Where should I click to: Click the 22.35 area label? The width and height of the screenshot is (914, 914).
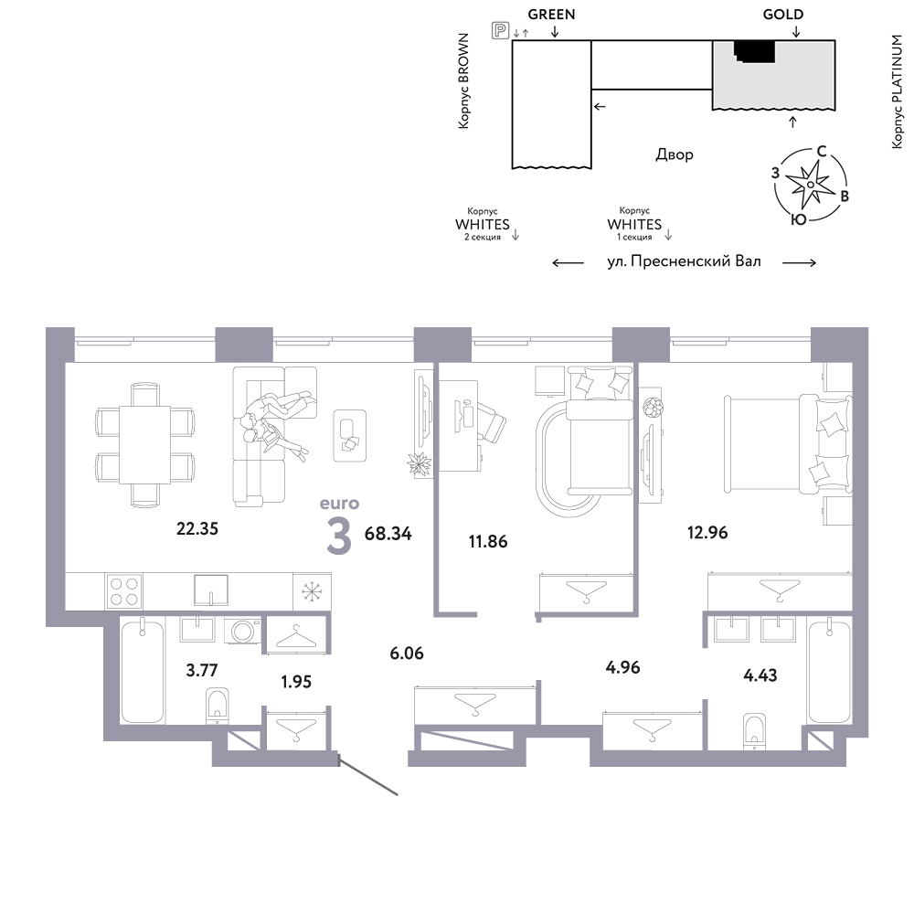point(197,528)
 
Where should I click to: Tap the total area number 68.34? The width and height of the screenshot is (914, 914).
point(388,534)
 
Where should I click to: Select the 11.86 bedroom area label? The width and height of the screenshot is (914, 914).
point(488,541)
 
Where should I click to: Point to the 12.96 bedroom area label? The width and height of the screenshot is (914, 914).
point(707,532)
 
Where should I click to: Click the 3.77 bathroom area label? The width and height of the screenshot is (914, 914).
point(202,670)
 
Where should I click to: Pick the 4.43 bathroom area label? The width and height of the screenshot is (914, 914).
point(760,675)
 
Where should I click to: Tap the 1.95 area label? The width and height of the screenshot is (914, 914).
point(296,682)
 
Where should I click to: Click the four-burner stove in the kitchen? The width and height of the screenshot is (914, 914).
point(123,591)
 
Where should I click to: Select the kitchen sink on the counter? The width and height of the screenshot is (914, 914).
point(211,590)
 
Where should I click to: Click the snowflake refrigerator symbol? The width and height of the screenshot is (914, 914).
point(312,592)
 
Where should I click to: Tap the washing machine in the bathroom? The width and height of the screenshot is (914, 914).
point(242,631)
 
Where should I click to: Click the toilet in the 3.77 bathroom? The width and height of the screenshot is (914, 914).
point(218,705)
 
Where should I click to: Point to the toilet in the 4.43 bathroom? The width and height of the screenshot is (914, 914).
point(754,731)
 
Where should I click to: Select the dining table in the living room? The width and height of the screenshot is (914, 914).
point(144,445)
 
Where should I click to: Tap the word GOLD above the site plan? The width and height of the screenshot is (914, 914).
point(783,15)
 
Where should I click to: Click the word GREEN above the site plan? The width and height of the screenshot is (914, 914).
point(551,15)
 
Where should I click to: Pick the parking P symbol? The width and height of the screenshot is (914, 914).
point(500,30)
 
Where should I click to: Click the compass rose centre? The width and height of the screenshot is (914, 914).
point(810,185)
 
